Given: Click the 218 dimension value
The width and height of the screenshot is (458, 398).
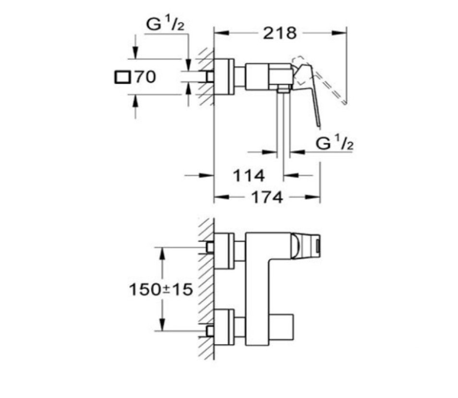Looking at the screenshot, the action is tap(280, 33).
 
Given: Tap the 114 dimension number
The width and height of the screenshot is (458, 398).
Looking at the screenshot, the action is tap(249, 176).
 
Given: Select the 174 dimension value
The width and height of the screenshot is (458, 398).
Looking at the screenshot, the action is tap(267, 197).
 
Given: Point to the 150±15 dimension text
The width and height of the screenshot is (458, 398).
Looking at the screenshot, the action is tap(161, 289).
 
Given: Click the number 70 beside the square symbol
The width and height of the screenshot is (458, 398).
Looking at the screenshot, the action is tap(145, 77).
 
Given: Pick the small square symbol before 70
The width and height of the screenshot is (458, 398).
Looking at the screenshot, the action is tap(122, 78).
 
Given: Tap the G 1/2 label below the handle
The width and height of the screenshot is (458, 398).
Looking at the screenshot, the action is tap(335, 144).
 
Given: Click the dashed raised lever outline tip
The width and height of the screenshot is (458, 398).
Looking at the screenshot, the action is tap(345, 103).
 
